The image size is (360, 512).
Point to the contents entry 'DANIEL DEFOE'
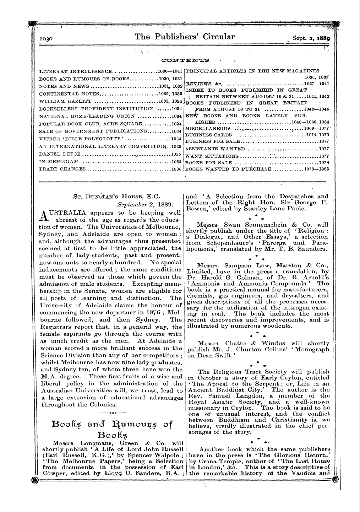(60, 155)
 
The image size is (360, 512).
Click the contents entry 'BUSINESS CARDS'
(208, 135)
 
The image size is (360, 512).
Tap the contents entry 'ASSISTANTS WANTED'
(215, 149)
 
